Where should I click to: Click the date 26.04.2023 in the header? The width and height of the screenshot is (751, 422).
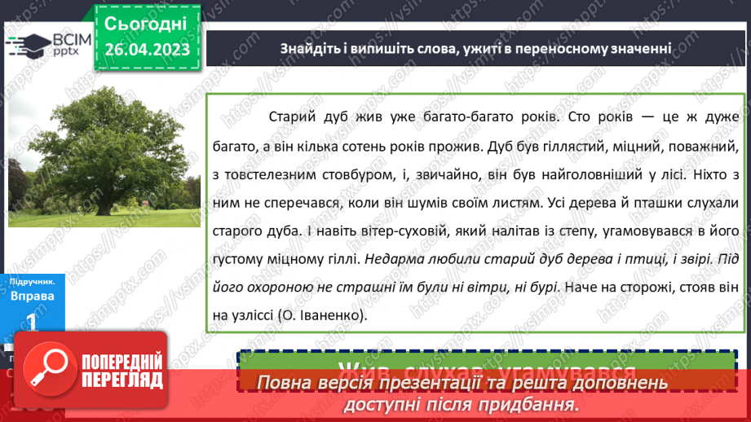(147, 50)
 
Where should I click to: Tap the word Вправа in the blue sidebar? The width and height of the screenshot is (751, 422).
(33, 295)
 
